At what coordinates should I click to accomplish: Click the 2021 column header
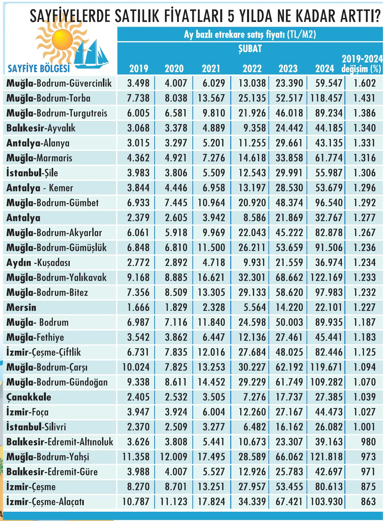[211, 69]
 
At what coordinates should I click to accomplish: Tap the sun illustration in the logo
[62, 40]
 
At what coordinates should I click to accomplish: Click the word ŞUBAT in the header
[250, 48]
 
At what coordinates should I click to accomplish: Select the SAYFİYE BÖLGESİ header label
[39, 69]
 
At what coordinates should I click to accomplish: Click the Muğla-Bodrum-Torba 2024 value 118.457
[326, 98]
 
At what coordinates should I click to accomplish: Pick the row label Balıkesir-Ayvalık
[41, 128]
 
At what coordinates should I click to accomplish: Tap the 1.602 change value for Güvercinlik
[364, 83]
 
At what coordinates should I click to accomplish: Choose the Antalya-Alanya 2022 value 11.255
[252, 143]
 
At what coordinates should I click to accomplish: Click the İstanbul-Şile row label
[32, 173]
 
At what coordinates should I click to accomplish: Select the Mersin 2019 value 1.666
[138, 307]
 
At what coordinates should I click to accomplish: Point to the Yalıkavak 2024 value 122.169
[326, 277]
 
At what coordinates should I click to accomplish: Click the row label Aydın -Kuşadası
[38, 263]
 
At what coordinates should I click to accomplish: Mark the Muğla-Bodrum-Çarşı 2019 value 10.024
[136, 367]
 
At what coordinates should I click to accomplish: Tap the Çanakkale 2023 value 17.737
[289, 397]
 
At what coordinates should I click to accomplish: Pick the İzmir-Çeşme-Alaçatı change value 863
[368, 501]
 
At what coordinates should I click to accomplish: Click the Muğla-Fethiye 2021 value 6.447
[214, 337]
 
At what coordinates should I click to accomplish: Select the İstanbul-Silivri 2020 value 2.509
[176, 427]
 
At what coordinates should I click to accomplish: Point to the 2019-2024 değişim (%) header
[362, 64]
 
